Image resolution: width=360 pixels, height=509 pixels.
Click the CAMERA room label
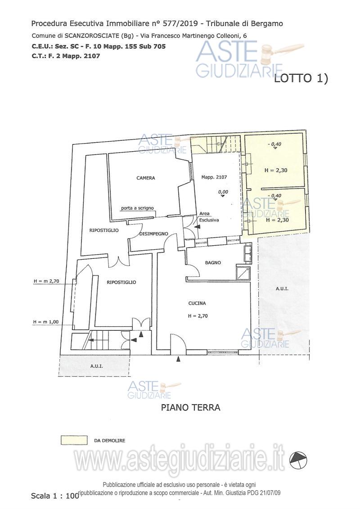145,178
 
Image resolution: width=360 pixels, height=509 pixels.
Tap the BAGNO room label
213,263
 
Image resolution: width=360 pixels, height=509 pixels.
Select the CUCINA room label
197,303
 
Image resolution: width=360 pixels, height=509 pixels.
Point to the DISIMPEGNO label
153,234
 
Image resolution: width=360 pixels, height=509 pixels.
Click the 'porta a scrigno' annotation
137,208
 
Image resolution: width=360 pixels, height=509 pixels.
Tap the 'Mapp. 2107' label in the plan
214,177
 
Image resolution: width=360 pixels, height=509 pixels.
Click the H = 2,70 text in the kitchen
198,315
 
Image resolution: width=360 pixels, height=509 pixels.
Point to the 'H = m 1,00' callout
46,322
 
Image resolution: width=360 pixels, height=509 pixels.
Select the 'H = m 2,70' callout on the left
46,281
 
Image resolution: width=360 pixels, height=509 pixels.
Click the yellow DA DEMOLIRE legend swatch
74,440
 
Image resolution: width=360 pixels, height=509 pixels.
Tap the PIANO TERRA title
190,407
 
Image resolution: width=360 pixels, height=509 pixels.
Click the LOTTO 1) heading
301,79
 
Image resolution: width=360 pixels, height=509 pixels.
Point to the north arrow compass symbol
299,460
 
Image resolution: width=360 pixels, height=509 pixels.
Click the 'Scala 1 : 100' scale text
55,495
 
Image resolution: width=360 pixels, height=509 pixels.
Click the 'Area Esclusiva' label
209,217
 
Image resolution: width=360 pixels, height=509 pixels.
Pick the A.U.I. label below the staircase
97,366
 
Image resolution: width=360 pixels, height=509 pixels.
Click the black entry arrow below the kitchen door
178,359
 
